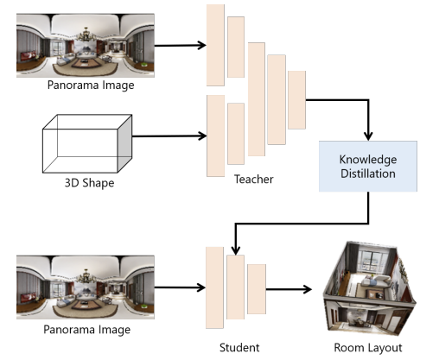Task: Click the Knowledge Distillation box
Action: pyautogui.click(x=368, y=167)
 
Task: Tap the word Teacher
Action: pyautogui.click(x=253, y=180)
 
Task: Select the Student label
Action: pyautogui.click(x=239, y=348)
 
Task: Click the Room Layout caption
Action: pyautogui.click(x=368, y=348)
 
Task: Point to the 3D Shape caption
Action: pyautogui.click(x=89, y=183)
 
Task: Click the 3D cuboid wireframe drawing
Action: pyautogui.click(x=87, y=143)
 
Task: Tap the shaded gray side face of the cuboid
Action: pyautogui.click(x=124, y=143)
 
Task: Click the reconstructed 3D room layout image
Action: pyautogui.click(x=370, y=289)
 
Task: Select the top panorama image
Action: pyautogui.click(x=86, y=45)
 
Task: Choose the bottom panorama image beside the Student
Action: pyautogui.click(x=86, y=287)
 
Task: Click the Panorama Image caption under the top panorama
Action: pyautogui.click(x=91, y=85)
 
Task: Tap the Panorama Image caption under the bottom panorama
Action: pyautogui.click(x=86, y=330)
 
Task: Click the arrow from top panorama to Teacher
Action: pyautogui.click(x=181, y=45)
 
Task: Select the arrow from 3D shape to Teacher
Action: pyautogui.click(x=169, y=136)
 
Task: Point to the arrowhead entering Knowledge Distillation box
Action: pyautogui.click(x=368, y=136)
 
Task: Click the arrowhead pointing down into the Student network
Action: pyautogui.click(x=236, y=250)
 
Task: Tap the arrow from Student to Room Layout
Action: pyautogui.click(x=289, y=289)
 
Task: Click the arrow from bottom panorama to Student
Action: pyautogui.click(x=180, y=287)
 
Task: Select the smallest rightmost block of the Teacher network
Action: pyautogui.click(x=296, y=100)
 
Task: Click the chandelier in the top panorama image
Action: pyautogui.click(x=86, y=35)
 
